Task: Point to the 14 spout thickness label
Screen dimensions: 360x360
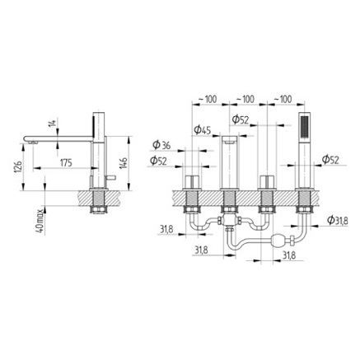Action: [x=52, y=125]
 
